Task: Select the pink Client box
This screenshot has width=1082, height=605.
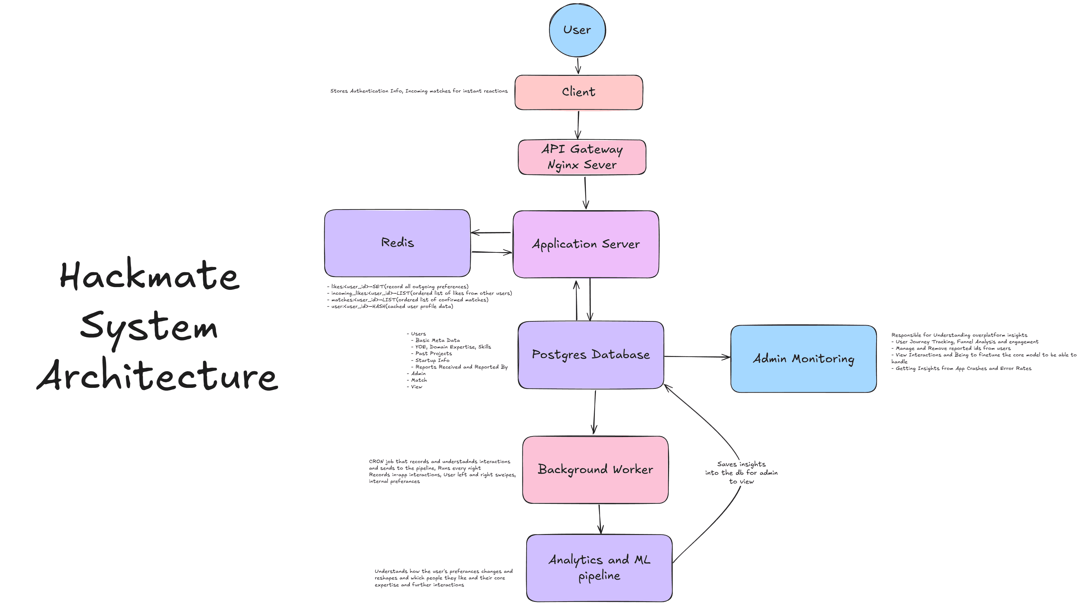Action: point(578,92)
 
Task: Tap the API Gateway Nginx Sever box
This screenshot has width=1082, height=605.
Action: point(582,157)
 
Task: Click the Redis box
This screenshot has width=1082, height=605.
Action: point(397,243)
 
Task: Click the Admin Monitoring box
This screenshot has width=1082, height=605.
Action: point(803,359)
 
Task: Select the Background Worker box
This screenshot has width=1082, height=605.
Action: point(595,469)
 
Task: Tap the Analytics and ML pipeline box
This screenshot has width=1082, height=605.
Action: point(599,568)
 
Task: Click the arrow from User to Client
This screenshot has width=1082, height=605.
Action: point(578,66)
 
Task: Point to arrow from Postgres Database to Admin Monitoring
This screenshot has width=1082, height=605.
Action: point(697,357)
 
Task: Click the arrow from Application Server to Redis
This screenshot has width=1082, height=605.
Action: point(491,232)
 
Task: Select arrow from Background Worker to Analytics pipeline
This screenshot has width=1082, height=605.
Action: point(600,519)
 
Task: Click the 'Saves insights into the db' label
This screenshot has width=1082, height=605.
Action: point(741,473)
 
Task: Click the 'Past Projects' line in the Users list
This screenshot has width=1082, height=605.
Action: point(433,354)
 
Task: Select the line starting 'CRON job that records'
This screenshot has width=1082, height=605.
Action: point(439,461)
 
